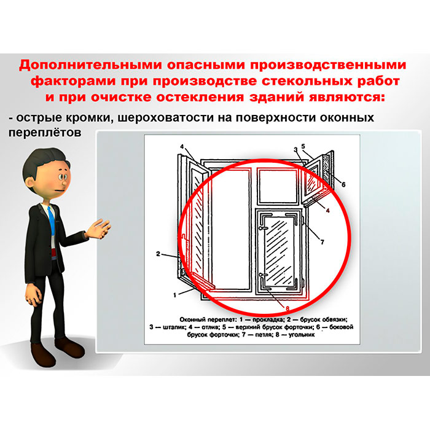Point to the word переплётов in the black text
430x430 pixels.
tap(45, 133)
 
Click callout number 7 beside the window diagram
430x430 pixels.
tap(322, 242)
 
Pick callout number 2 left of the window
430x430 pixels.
tap(158, 254)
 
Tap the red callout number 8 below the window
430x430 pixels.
tap(287, 309)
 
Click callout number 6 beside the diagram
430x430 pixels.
tap(343, 184)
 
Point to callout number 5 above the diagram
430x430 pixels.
tap(303, 146)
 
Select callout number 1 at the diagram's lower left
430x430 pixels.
tap(174, 295)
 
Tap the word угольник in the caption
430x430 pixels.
tap(302, 335)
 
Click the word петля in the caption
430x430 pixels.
tap(264, 335)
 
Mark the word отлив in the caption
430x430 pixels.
tap(210, 327)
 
